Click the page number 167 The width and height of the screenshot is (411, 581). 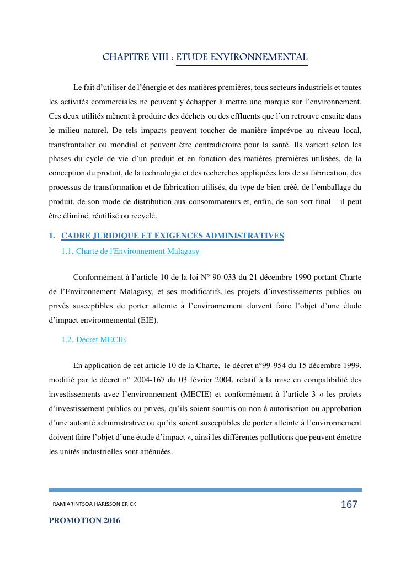349,504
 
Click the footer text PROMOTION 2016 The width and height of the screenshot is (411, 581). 84,520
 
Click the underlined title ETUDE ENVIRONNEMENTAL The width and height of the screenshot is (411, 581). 242,57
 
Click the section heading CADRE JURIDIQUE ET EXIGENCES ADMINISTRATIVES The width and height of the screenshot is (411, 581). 173,236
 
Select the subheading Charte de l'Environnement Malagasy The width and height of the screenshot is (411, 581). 137,252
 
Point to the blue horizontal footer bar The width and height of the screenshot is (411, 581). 205,490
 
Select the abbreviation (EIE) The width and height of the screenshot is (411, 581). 146,321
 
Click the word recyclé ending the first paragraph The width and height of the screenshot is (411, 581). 155,216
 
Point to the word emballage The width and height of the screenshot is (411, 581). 327,187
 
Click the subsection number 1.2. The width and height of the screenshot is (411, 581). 67,340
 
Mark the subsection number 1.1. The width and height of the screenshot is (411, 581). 67,252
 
